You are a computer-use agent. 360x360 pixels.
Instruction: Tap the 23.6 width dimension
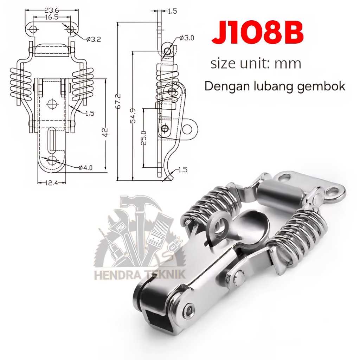click(x=52, y=10)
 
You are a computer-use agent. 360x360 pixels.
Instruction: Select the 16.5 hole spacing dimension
click(x=52, y=17)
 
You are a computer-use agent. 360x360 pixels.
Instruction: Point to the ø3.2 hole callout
click(x=94, y=39)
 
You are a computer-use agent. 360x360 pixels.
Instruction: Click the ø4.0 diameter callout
click(x=85, y=168)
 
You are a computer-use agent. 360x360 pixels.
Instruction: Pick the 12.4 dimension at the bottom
click(x=51, y=183)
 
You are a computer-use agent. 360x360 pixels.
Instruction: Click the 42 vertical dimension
click(x=105, y=132)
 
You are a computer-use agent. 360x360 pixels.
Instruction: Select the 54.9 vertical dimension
click(x=133, y=116)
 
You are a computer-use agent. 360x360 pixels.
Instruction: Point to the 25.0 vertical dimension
click(x=143, y=138)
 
